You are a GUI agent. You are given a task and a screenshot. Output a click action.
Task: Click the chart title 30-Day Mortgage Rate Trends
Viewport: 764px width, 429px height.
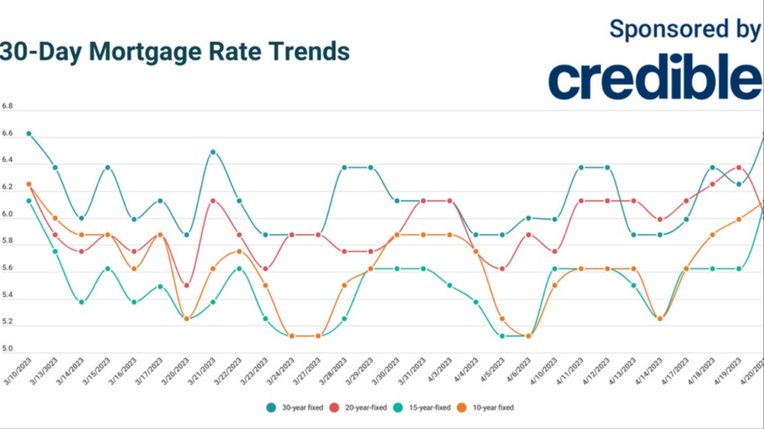pos(175,52)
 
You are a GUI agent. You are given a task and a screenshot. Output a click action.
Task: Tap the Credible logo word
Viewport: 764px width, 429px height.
pos(655,79)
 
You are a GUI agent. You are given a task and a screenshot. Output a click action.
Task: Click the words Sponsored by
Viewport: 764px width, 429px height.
pos(685,29)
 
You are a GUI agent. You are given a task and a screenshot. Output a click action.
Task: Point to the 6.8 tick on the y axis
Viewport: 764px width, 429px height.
pos(7,107)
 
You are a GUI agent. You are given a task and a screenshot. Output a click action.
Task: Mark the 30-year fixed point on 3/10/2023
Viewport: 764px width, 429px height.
pos(29,133)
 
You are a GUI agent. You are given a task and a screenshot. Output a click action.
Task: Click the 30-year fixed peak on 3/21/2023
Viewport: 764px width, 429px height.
pos(213,152)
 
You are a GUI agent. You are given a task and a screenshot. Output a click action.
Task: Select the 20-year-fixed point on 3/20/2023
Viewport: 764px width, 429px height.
pos(187,286)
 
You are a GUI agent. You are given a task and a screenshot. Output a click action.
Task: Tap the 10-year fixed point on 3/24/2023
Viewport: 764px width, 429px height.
pos(292,336)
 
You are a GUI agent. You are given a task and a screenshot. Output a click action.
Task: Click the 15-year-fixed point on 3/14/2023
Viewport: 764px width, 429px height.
pos(82,302)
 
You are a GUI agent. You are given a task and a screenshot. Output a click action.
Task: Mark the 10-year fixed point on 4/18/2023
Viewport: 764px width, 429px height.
pos(712,235)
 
